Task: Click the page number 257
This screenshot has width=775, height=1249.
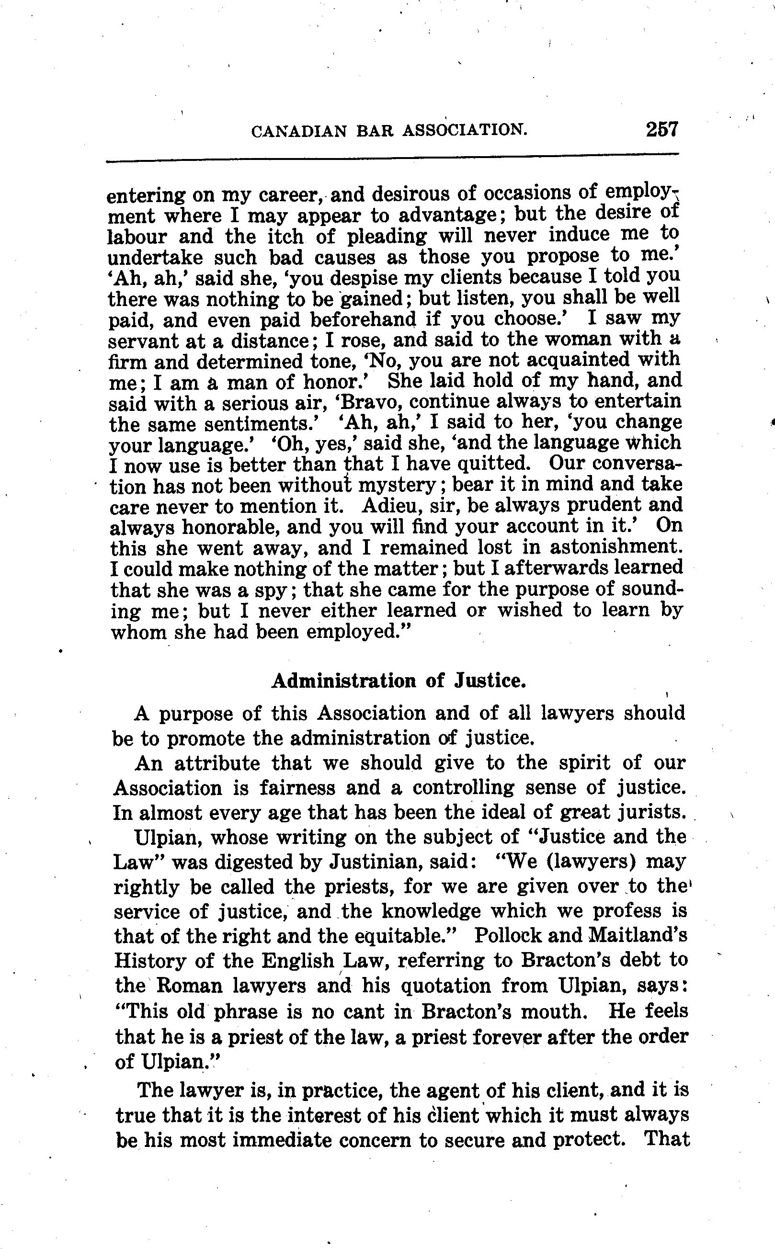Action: [662, 129]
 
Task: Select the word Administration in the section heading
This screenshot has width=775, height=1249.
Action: [343, 681]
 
